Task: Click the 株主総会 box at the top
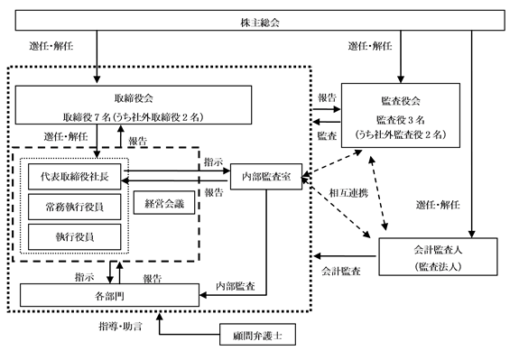[x=260, y=20]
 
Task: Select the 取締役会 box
[x=134, y=105]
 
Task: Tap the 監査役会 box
[x=401, y=115]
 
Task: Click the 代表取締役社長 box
[x=75, y=176]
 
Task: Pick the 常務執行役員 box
[x=75, y=207]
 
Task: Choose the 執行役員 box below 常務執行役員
[x=75, y=237]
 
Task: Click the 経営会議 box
[x=164, y=202]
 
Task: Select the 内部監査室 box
[x=266, y=177]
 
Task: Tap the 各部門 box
[x=109, y=295]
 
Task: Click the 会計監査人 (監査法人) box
[x=438, y=256]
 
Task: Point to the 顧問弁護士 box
[x=257, y=335]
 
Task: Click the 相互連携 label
[x=348, y=192]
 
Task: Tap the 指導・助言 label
[x=120, y=327]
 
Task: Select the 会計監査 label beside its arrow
[x=341, y=272]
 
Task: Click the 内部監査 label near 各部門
[x=236, y=286]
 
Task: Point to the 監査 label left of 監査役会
[x=327, y=135]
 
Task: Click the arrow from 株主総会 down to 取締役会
[x=97, y=57]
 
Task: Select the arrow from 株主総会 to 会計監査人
[x=472, y=134]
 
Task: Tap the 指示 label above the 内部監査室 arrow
[x=214, y=162]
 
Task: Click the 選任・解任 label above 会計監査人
[x=438, y=205]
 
